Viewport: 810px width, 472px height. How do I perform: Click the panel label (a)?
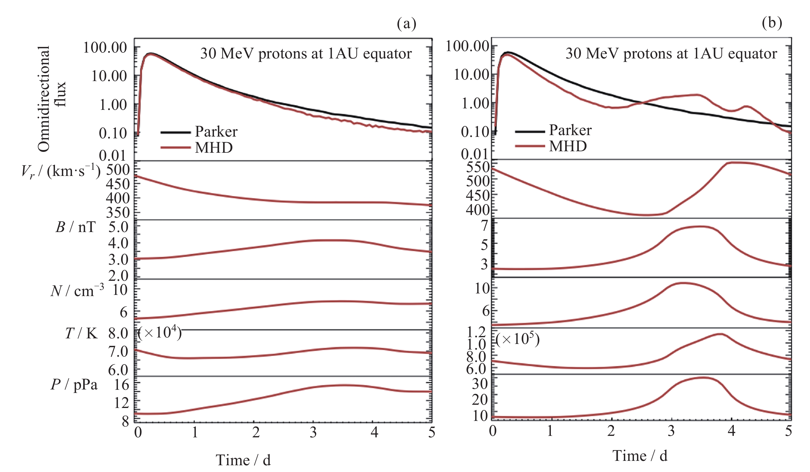coord(406,23)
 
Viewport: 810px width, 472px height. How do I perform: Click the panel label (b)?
coord(772,23)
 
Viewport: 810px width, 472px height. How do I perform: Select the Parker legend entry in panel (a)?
coord(216,131)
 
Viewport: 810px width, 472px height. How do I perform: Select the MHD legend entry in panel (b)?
coord(567,146)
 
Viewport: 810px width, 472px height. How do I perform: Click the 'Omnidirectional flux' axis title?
coord(51,99)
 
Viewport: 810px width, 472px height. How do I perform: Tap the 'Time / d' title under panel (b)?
coord(640,456)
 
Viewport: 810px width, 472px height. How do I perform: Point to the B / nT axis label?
coord(76,227)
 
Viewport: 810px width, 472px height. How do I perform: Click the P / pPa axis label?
coord(74,384)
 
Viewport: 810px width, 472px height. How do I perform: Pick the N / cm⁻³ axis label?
coord(77,290)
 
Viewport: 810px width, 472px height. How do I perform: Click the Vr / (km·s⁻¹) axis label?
coord(61,171)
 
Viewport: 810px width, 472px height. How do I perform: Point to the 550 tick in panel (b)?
coord(478,167)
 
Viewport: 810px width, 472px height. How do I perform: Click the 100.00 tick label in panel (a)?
coord(105,48)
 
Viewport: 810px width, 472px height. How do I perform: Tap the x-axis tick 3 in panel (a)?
coord(313,432)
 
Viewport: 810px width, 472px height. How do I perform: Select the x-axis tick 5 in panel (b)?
coord(788,431)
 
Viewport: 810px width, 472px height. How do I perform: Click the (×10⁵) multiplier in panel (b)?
coord(517,339)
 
